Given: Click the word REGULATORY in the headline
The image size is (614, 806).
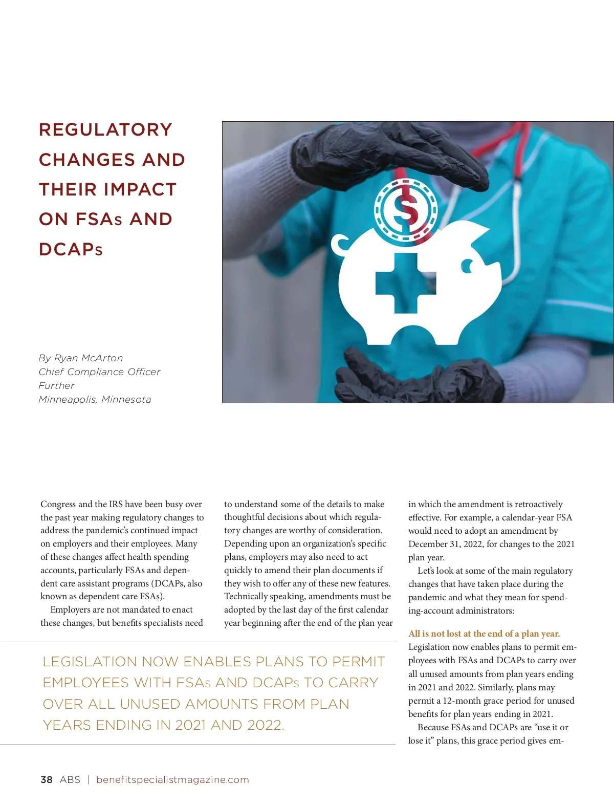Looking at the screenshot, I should pos(105,129).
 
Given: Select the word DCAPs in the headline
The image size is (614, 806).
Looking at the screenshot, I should pos(71,249).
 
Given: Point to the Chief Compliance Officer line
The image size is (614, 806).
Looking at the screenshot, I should pos(99,372).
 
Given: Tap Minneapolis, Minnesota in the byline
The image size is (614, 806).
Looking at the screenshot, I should pos(95,399).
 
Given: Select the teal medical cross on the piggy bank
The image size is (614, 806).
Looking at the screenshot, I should pos(405,283).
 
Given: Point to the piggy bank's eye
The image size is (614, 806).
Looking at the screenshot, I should pos(467,265).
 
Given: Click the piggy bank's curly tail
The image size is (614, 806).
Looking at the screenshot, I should pos(340,245).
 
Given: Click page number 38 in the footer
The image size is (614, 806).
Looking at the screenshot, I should pos(47,779).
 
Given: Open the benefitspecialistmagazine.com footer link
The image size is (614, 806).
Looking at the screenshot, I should pos(172,779).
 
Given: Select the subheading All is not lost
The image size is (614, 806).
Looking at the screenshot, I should pos(484,634).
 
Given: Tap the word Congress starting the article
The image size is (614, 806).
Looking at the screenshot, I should pos(58,504).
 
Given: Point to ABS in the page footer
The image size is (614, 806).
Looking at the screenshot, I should pos(70,779).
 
